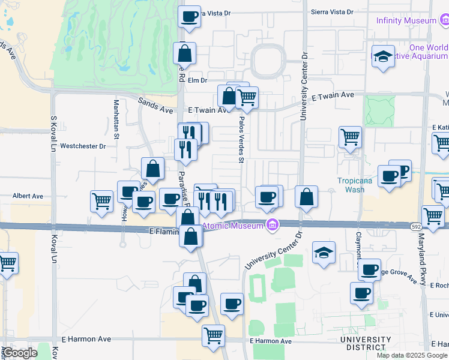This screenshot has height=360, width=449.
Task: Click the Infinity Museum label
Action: [x=406, y=20]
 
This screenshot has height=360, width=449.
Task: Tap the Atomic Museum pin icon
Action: [x=273, y=226]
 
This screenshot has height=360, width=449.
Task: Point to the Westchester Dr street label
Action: [x=83, y=146]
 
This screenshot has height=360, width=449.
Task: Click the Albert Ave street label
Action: [x=28, y=196]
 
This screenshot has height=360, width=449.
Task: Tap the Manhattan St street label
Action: [x=116, y=119]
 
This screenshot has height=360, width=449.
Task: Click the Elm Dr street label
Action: [x=197, y=80]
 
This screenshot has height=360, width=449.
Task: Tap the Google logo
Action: [x=20, y=353]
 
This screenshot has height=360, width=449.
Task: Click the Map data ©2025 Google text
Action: [x=412, y=355]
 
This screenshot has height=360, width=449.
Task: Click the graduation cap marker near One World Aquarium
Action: [x=383, y=56]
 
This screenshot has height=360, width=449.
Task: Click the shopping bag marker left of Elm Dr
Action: [x=184, y=53]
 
